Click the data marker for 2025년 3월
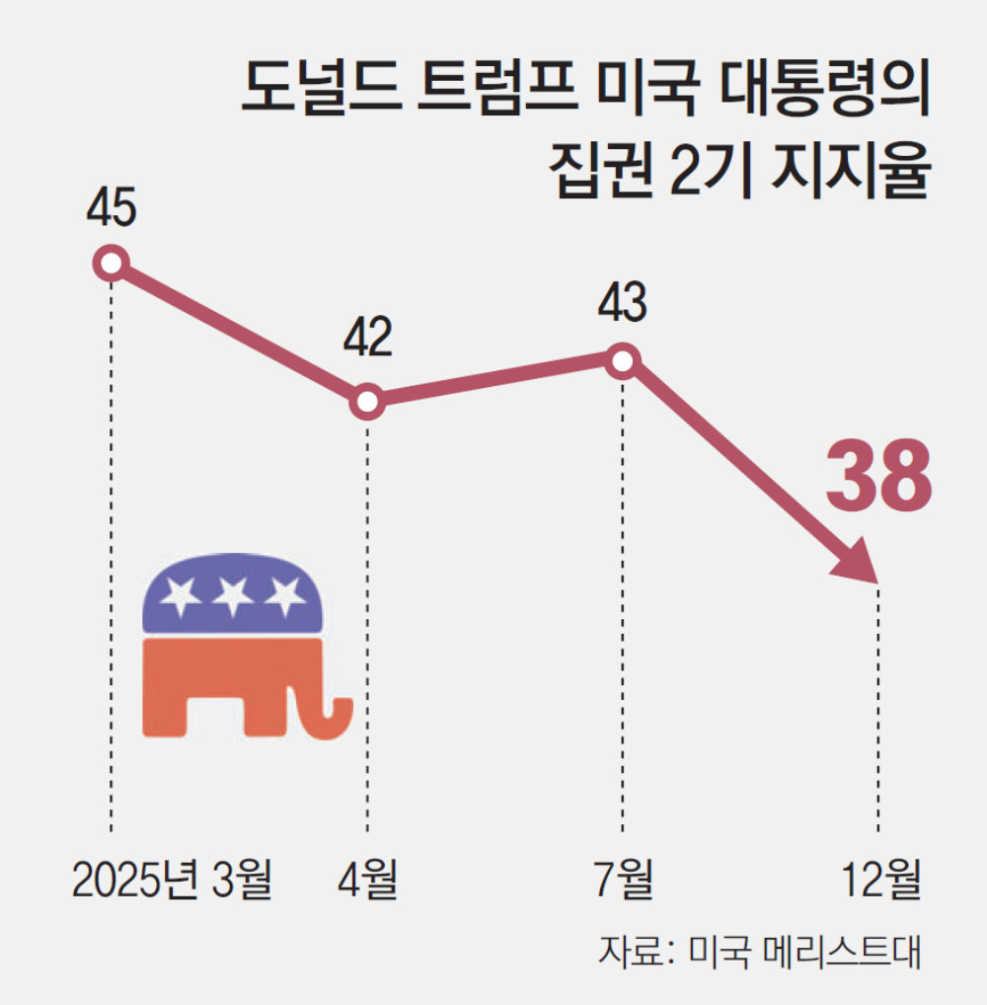click(x=112, y=264)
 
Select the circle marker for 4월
click(x=367, y=402)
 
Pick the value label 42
click(x=367, y=338)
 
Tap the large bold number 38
click(x=878, y=477)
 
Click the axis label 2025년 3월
click(x=172, y=880)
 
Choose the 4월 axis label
click(x=367, y=880)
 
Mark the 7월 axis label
click(x=623, y=880)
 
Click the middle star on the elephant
click(x=233, y=594)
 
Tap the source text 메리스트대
click(x=839, y=955)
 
